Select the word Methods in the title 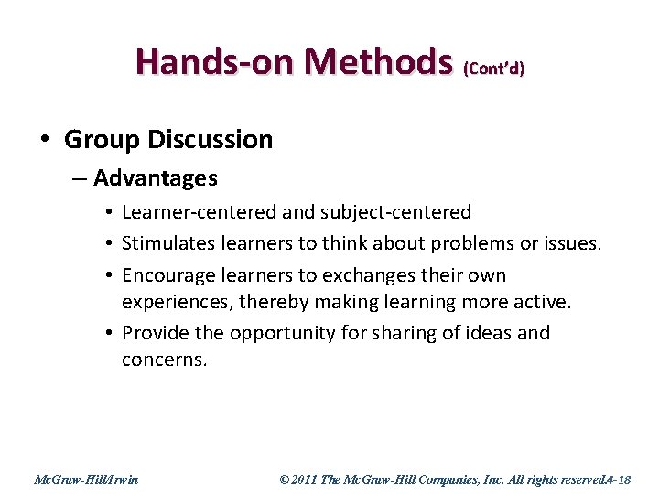click(380, 62)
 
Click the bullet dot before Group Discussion click(45, 140)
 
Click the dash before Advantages click(80, 178)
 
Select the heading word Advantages click(156, 178)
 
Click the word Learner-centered click(199, 213)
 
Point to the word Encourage click(167, 275)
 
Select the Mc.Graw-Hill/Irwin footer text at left click(86, 479)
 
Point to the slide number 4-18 click(628, 479)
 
